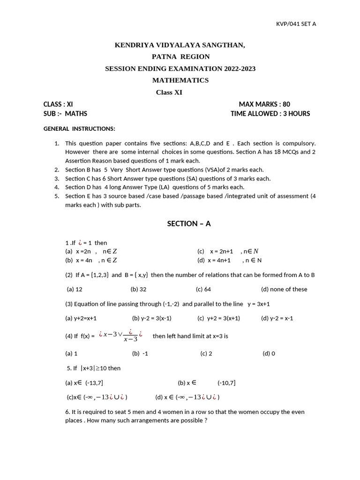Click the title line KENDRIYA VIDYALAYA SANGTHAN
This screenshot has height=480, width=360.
[180, 45]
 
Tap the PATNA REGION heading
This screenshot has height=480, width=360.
[180, 57]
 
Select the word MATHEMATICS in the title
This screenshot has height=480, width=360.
[180, 80]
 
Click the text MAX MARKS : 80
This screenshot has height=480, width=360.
[268, 104]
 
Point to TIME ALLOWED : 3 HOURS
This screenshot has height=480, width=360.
[270, 113]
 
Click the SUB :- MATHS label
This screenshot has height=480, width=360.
[65, 113]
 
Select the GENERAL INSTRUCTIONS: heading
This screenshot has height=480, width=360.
[79, 128]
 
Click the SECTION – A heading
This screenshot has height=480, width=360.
[189, 224]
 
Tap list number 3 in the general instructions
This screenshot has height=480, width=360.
[56, 179]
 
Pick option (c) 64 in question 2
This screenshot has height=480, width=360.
[203, 289]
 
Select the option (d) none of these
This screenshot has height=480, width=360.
[284, 289]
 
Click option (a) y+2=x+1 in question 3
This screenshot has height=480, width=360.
[81, 318]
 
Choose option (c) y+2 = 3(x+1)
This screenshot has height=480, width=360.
[218, 318]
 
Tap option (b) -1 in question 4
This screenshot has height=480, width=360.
[140, 353]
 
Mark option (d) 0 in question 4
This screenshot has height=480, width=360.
[269, 353]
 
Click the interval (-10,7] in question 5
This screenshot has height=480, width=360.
[226, 383]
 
